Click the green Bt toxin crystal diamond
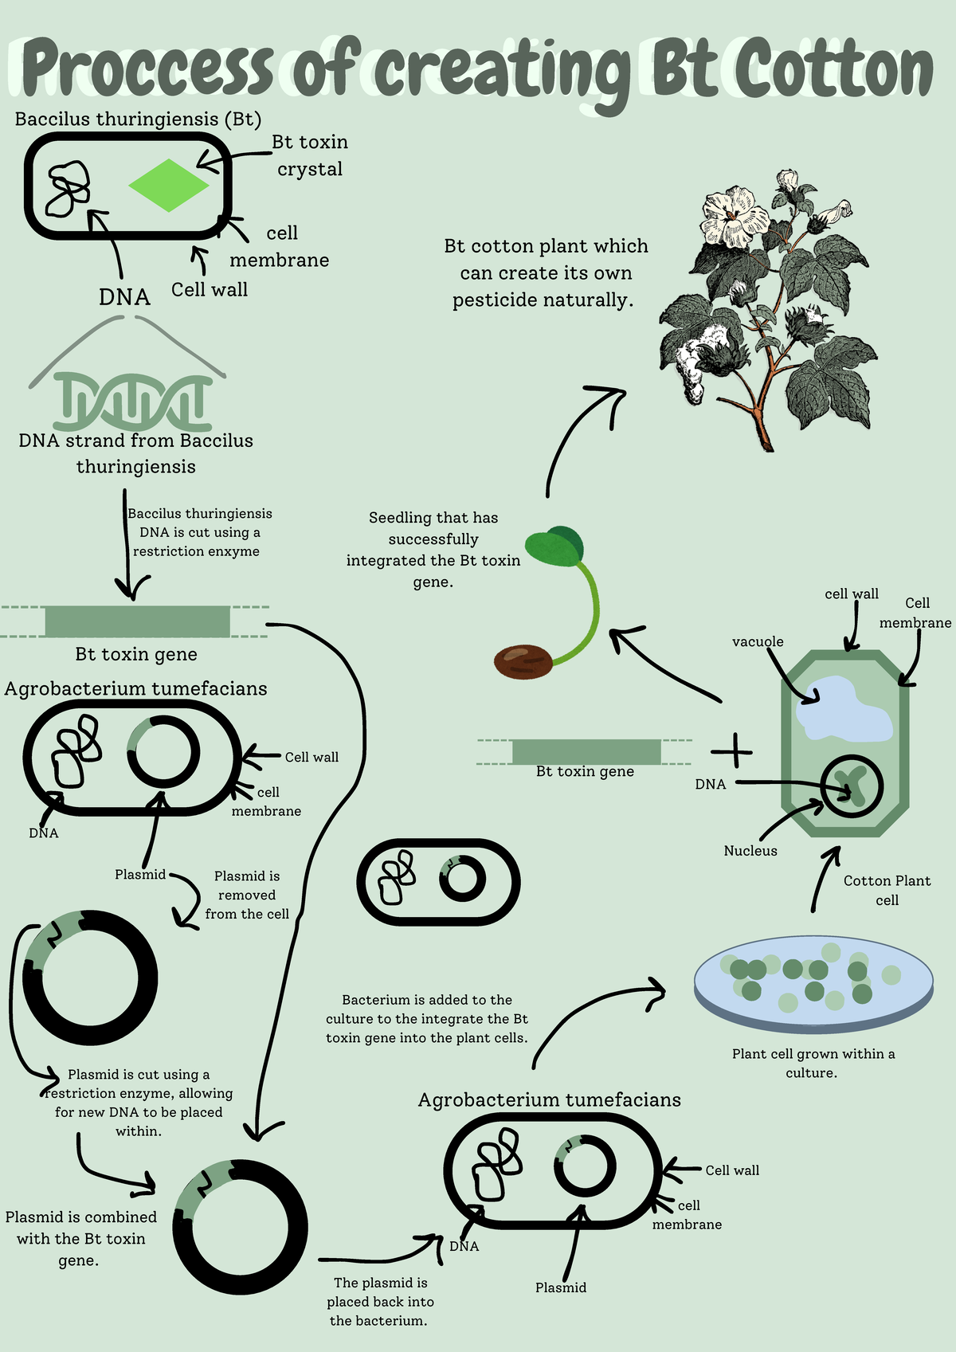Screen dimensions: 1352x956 pyautogui.click(x=168, y=185)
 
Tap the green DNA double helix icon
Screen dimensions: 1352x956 pyautogui.click(x=133, y=402)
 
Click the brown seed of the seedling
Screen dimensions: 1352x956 pyautogui.click(x=523, y=661)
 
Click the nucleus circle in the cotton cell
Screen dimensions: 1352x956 pyautogui.click(x=852, y=786)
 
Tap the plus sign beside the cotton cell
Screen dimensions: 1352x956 pyautogui.click(x=731, y=751)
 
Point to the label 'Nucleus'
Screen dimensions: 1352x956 pyautogui.click(x=750, y=851)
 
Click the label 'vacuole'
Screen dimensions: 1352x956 pyautogui.click(x=757, y=641)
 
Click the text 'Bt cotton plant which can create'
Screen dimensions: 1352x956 pyautogui.click(x=546, y=260)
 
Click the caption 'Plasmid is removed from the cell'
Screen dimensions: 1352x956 pyautogui.click(x=247, y=895)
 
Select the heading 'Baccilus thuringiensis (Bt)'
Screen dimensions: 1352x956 pyautogui.click(x=138, y=120)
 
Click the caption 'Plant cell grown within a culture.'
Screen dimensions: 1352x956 pyautogui.click(x=813, y=1063)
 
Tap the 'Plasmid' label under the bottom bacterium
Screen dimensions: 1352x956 pyautogui.click(x=560, y=1287)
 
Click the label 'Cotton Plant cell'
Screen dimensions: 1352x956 pyautogui.click(x=886, y=890)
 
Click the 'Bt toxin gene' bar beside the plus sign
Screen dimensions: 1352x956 pyautogui.click(x=586, y=751)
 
